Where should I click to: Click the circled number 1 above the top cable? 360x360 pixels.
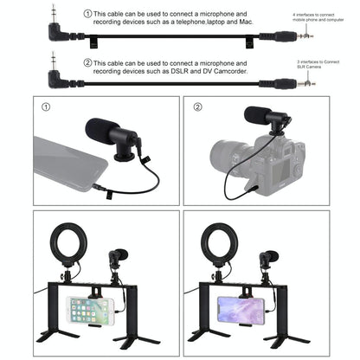click(87, 15)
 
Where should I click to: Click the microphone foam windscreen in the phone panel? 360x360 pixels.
click(102, 133)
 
